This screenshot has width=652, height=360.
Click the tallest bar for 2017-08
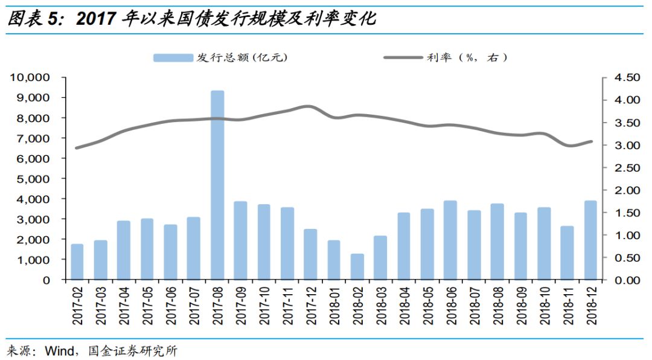217,185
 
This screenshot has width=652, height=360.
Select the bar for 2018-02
357,266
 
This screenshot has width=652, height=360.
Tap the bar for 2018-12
591,240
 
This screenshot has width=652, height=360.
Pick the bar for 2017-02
77,262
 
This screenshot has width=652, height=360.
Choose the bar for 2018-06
451,240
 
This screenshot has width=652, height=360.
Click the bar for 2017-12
310,254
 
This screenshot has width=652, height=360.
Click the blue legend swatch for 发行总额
172,57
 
